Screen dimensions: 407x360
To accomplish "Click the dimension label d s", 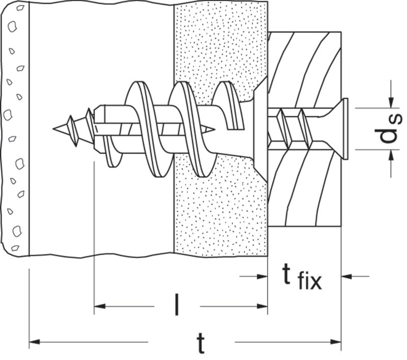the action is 388,128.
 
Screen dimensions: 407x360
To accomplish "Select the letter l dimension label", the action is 177,304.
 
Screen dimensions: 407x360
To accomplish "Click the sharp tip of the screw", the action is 53,128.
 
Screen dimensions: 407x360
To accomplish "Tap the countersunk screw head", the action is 335,128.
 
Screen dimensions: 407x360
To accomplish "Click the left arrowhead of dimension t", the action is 34,341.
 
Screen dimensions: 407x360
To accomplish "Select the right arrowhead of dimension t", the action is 336,341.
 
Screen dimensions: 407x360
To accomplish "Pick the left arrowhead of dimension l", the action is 100,306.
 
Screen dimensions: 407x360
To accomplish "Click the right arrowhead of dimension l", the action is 262,306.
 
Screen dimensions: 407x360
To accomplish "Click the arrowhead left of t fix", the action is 262,276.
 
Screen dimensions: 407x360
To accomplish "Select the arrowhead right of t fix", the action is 346,276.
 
